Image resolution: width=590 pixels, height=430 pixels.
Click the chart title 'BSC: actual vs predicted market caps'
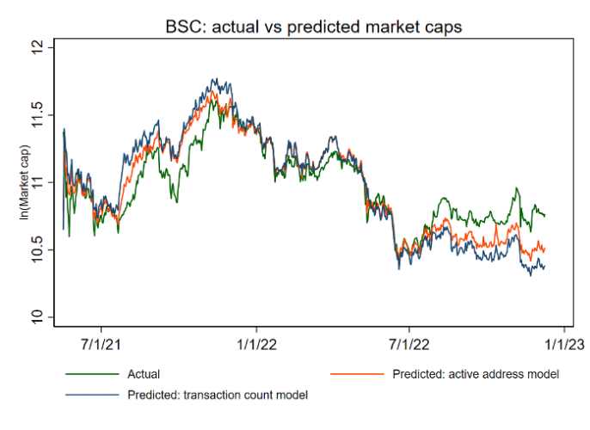click(x=314, y=27)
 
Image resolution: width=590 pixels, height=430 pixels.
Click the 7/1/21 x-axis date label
click(x=102, y=344)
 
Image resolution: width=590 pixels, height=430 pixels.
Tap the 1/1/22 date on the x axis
click(x=256, y=344)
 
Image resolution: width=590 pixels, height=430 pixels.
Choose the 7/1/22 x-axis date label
click(x=409, y=344)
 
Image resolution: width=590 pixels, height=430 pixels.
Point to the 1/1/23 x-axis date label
click(x=563, y=344)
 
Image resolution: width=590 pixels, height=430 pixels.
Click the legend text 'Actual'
click(x=144, y=375)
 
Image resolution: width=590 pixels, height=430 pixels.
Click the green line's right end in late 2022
click(x=544, y=215)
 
